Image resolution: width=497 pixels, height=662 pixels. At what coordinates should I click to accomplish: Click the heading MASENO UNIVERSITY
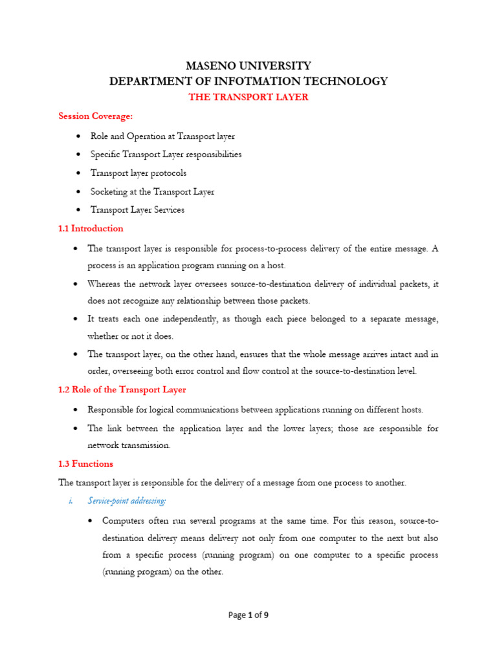pos(248,66)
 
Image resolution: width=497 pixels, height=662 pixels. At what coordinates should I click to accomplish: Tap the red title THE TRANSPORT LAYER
pos(248,97)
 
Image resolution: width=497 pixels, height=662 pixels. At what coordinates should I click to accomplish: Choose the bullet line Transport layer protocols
pos(138,173)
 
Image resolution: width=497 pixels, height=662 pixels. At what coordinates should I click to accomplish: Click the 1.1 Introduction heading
pos(91,228)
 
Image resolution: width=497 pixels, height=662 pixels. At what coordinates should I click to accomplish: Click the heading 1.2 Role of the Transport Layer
pos(122,390)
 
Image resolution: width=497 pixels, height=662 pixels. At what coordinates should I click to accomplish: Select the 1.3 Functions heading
pos(85,464)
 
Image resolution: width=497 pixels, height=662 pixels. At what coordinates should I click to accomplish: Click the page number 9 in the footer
pos(265,615)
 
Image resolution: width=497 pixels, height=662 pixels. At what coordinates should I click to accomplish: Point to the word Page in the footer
pos(237,615)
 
